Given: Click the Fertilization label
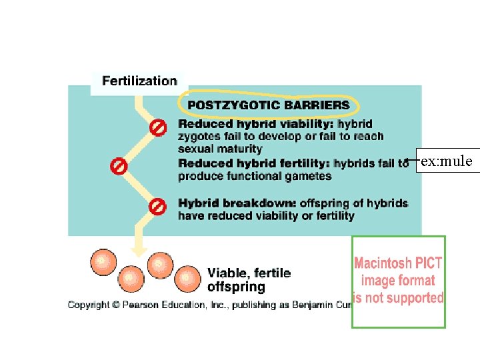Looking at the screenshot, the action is pyautogui.click(x=139, y=81).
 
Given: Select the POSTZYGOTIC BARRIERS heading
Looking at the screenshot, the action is pyautogui.click(x=269, y=105).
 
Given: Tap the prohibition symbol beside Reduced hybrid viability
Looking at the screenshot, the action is pyautogui.click(x=158, y=127).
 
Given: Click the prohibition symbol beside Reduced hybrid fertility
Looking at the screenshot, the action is pyautogui.click(x=119, y=166).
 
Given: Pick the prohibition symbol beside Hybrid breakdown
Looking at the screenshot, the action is pyautogui.click(x=157, y=207).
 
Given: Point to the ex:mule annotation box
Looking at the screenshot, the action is pyautogui.click(x=448, y=161).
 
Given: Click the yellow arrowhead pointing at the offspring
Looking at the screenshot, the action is pyautogui.click(x=139, y=251).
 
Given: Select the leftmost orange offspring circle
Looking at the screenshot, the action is pyautogui.click(x=103, y=263).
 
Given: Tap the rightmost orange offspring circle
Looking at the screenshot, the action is pyautogui.click(x=187, y=279).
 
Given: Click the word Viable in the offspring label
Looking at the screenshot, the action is pyautogui.click(x=227, y=273).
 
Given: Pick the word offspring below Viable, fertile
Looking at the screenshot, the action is pyautogui.click(x=236, y=287).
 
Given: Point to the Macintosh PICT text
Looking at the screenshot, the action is pyautogui.click(x=398, y=263).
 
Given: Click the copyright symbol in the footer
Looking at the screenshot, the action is pyautogui.click(x=116, y=305).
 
